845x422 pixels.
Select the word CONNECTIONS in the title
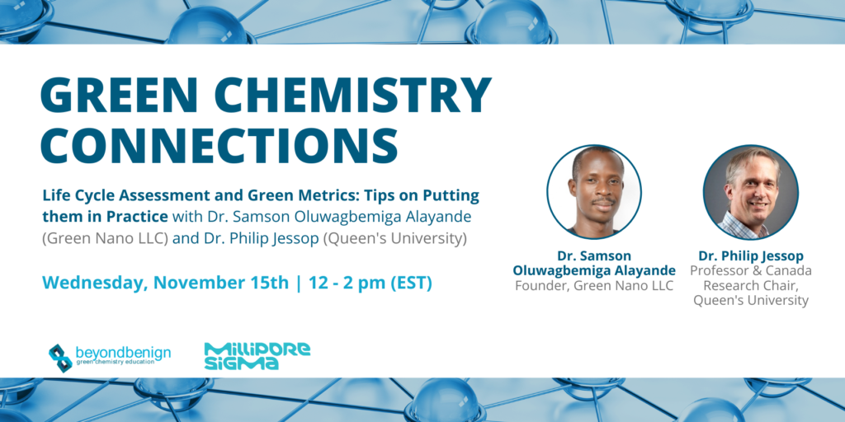pyautogui.click(x=219, y=145)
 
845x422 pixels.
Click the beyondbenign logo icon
pyautogui.click(x=59, y=358)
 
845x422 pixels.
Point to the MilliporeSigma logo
pyautogui.click(x=257, y=356)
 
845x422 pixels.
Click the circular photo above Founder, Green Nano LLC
pyautogui.click(x=594, y=192)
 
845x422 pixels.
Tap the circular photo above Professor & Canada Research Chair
pyautogui.click(x=751, y=192)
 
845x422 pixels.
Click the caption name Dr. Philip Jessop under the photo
pyautogui.click(x=751, y=256)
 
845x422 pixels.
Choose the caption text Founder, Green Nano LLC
pyautogui.click(x=594, y=285)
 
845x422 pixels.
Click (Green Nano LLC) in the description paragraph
pyautogui.click(x=106, y=238)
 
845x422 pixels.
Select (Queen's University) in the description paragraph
pyautogui.click(x=394, y=238)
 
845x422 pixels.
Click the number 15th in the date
pyautogui.click(x=271, y=284)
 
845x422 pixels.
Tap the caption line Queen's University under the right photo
pyautogui.click(x=751, y=300)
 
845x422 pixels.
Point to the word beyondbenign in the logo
pyautogui.click(x=124, y=353)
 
